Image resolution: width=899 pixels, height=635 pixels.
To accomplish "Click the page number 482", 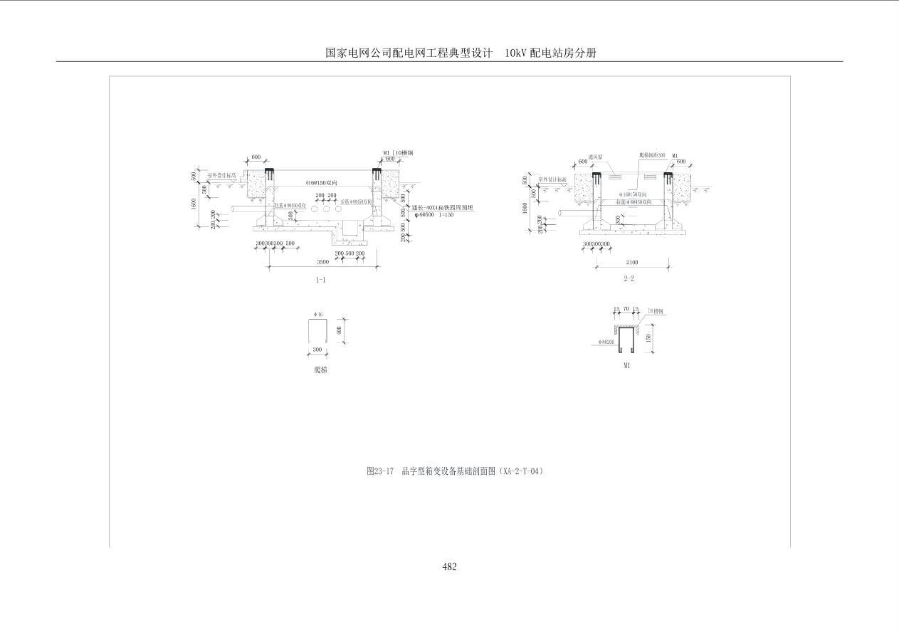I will tap(449, 567).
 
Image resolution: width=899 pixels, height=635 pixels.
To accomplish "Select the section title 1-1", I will tap(321, 280).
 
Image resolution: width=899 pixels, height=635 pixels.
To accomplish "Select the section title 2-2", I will tap(629, 279).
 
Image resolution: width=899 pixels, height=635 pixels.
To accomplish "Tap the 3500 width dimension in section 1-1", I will tap(322, 262).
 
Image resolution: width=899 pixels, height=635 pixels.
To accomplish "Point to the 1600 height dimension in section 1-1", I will tap(194, 203).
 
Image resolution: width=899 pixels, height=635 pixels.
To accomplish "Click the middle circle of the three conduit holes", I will tap(326, 210).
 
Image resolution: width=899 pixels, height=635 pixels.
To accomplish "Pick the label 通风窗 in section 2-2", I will tap(596, 156).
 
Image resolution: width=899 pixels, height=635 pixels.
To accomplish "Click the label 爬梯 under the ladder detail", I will tap(321, 370).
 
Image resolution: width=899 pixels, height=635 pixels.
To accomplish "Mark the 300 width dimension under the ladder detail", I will tap(317, 350).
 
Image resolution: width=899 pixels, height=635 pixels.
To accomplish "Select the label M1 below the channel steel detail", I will tap(626, 366).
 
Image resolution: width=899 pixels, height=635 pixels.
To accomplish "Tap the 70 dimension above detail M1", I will tap(626, 310).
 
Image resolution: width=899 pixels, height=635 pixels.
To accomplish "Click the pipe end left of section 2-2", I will tap(562, 213).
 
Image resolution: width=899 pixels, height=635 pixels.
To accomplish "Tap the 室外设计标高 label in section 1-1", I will tap(221, 175).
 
